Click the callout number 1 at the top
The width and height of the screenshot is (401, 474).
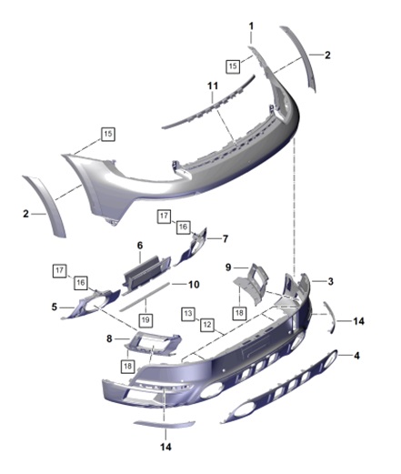tap(251, 26)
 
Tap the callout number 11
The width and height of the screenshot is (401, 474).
tap(213, 86)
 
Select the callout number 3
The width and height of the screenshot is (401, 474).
tap(330, 281)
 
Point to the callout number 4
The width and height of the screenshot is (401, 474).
tap(356, 356)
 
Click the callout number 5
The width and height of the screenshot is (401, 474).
tap(54, 307)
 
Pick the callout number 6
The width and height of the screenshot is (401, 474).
tap(140, 246)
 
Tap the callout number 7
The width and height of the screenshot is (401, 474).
tap(226, 239)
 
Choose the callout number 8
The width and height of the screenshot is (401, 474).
tap(109, 338)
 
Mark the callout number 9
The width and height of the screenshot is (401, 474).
tap(228, 267)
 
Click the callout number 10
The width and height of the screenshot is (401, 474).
tap(194, 285)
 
